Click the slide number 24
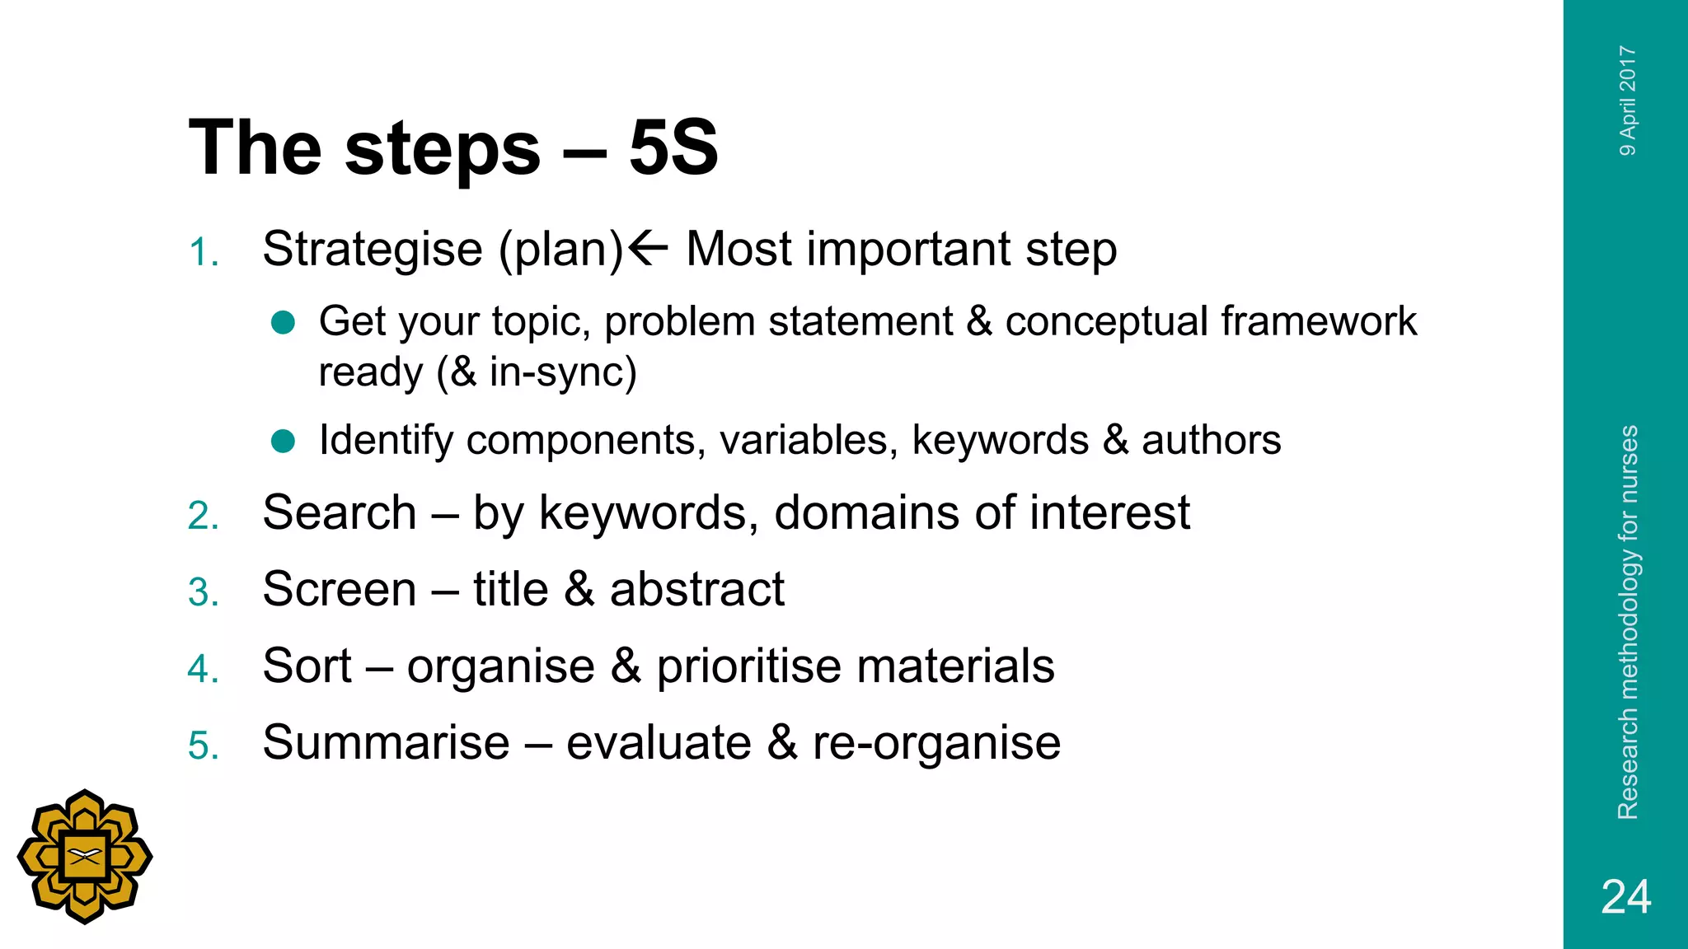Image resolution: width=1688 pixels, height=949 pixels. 1625,897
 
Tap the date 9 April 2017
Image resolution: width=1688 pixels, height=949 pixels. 1628,101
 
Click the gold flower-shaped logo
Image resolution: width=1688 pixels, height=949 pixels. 85,857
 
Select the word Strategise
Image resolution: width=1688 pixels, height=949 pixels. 373,249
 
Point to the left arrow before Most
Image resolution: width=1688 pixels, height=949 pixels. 648,247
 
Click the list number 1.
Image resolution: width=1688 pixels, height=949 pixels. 203,252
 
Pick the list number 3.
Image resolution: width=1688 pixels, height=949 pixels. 203,592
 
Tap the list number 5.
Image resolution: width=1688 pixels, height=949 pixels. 203,746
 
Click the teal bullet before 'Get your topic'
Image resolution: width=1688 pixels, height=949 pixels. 283,322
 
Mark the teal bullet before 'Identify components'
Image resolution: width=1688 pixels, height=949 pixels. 283,442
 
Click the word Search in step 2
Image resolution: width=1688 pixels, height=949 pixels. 340,513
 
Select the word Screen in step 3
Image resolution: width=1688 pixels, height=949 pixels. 340,590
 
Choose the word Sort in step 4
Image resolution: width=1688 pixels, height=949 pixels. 307,666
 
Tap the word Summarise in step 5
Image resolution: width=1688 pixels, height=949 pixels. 386,742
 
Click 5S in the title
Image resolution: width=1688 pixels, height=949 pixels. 673,148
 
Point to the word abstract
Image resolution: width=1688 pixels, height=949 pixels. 696,590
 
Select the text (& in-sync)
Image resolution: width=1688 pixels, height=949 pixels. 537,372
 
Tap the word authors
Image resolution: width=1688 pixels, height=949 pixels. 1211,440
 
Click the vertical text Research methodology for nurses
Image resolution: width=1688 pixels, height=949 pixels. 1628,622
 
